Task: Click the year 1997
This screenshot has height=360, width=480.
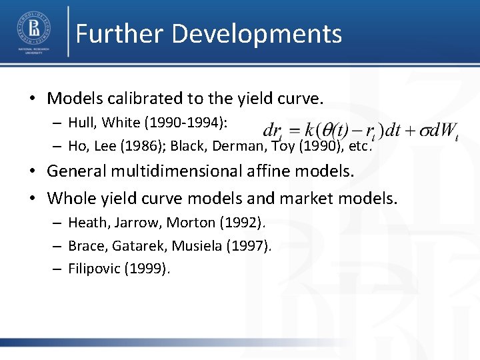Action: pos(248,246)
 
